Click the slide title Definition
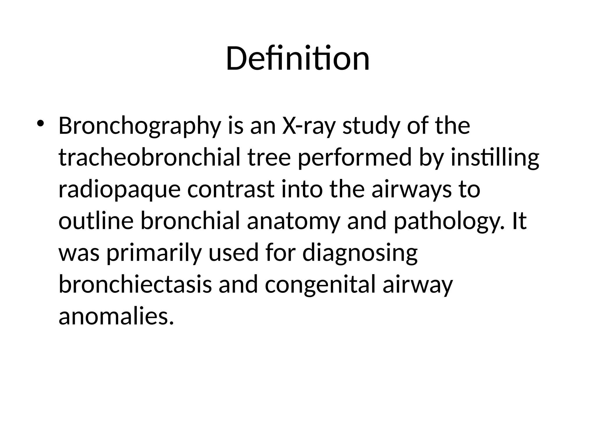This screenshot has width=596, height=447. [298, 59]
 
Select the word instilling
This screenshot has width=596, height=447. [495, 158]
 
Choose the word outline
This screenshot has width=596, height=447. [96, 221]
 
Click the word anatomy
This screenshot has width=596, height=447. [293, 221]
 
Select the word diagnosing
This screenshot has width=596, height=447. [360, 253]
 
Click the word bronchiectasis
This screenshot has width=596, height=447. [135, 285]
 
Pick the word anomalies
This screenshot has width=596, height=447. [116, 316]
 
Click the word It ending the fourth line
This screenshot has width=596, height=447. [519, 221]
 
